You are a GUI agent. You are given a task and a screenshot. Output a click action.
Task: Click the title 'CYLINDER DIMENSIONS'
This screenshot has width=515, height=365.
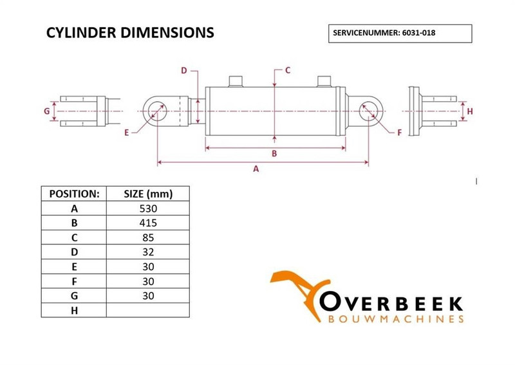click(x=130, y=33)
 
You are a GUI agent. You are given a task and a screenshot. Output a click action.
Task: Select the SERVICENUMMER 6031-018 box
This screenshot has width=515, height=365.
click(x=400, y=33)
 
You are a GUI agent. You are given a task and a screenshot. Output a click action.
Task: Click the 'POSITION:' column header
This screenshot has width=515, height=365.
click(x=74, y=194)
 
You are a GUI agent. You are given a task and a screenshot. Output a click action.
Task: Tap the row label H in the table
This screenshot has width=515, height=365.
click(x=74, y=311)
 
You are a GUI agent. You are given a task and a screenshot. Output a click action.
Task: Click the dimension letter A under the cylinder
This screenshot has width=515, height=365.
click(x=256, y=169)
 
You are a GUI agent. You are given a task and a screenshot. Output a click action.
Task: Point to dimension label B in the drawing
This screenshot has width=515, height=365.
click(x=274, y=153)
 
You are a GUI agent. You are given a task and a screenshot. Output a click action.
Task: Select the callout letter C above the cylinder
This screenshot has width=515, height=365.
click(x=288, y=70)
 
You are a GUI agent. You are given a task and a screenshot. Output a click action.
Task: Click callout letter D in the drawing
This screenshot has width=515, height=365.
click(x=183, y=70)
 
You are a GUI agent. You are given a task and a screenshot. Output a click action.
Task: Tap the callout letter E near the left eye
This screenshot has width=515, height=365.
click(x=127, y=133)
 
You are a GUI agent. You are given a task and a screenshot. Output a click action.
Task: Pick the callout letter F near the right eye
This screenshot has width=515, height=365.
click(x=399, y=133)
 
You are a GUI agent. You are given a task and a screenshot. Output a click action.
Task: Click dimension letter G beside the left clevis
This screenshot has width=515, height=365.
click(x=47, y=111)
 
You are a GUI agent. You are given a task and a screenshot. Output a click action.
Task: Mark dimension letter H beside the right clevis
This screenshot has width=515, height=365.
click(x=470, y=111)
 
